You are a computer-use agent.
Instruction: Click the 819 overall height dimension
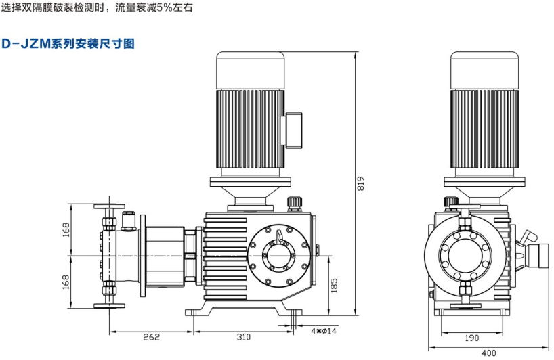pos(360,184)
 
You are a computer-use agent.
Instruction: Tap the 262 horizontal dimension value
pos(150,336)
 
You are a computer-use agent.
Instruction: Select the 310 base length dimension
pos(243,336)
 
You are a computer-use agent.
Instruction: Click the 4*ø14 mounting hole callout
pos(323,331)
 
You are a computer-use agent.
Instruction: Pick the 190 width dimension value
pos(472,338)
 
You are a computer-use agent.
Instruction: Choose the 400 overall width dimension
pos(488,353)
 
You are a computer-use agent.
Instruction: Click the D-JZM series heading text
pos(68,44)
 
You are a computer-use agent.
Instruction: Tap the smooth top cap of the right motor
pos(484,69)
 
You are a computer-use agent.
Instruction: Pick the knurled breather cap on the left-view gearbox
pos(294,203)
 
